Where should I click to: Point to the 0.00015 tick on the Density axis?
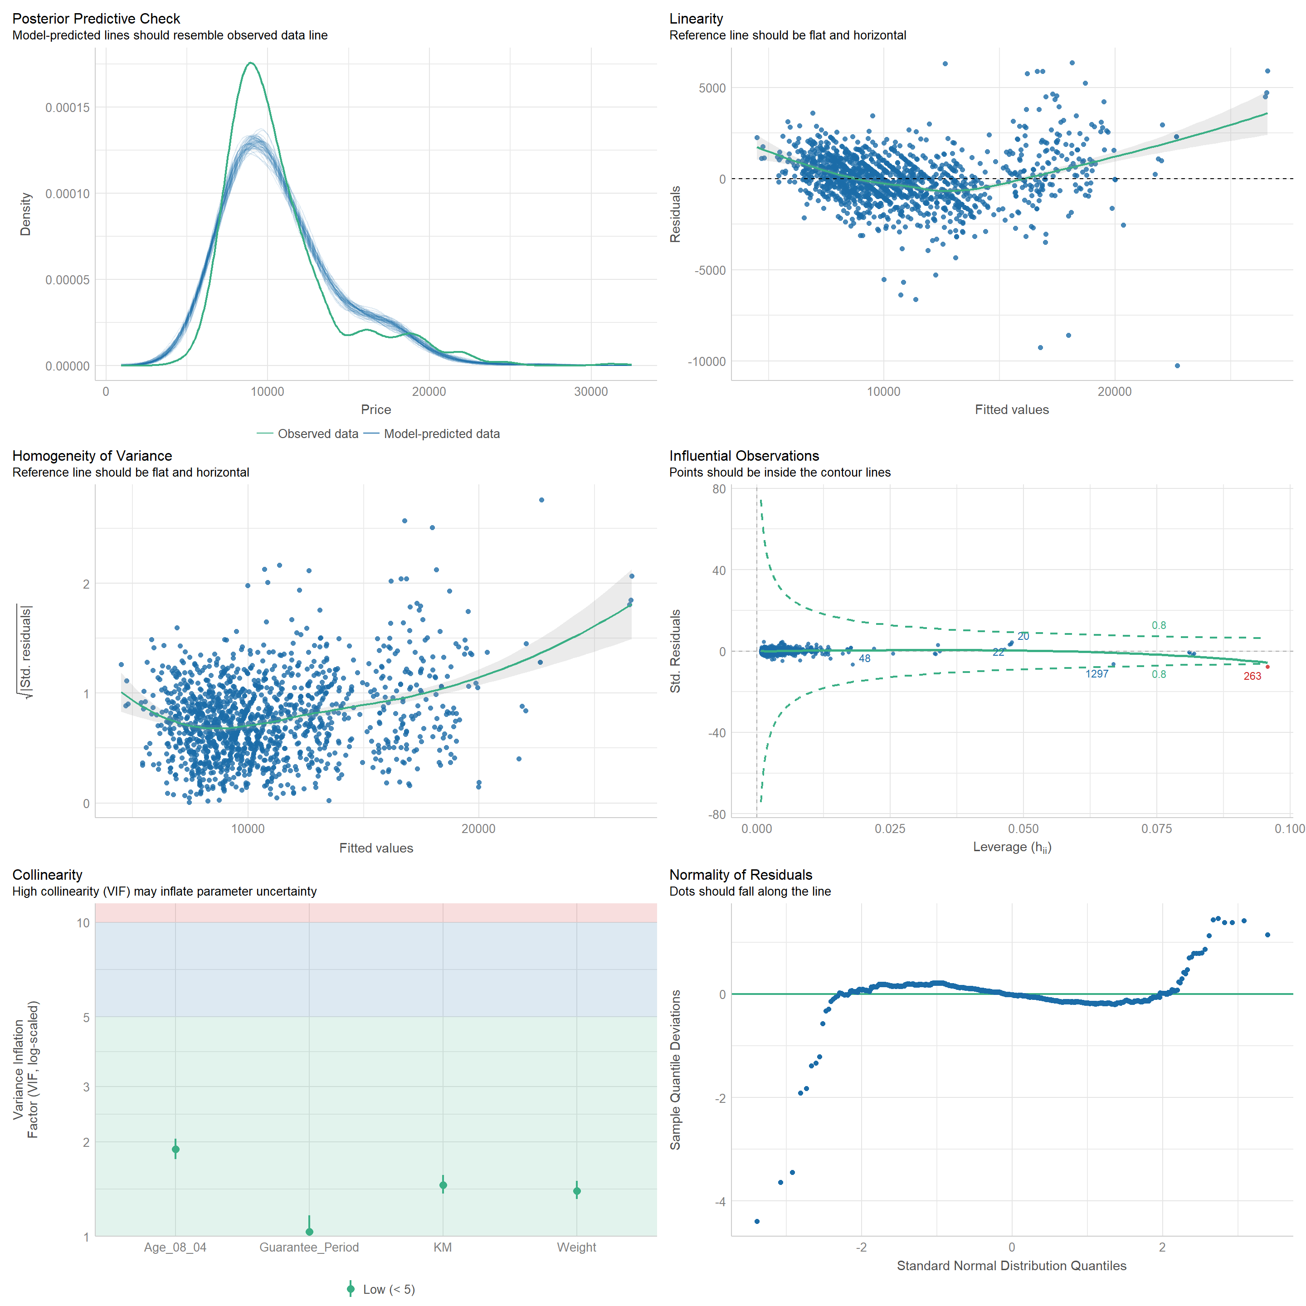click(x=67, y=107)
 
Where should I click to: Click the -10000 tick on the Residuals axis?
click(x=707, y=362)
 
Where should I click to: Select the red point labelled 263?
click(x=1267, y=667)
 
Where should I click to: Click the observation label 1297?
click(x=1096, y=674)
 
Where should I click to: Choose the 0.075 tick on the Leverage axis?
click(x=1157, y=829)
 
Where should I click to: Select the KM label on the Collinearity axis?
click(x=443, y=1247)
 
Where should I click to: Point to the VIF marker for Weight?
click(x=577, y=1191)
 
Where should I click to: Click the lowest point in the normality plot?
click(x=757, y=1222)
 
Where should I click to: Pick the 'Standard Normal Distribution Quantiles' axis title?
click(x=1011, y=1266)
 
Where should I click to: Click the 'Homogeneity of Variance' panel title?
click(x=92, y=456)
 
